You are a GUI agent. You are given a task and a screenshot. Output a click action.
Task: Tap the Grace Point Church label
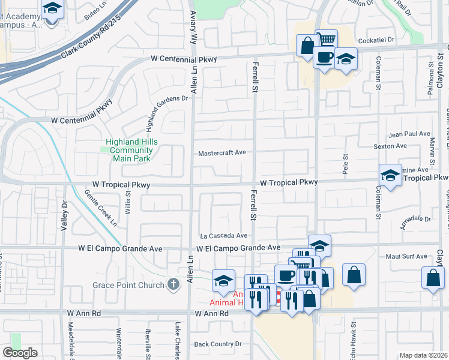[128, 284]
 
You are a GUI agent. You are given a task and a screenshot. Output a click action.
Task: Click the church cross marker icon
[173, 284]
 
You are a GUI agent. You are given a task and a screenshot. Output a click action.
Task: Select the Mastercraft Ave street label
[223, 152]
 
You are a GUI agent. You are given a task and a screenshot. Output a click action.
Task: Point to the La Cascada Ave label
[224, 236]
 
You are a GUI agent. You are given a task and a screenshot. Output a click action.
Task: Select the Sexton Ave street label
[390, 146]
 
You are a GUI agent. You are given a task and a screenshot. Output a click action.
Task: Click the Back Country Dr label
[218, 344]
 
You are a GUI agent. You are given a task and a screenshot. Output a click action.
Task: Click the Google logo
[20, 353]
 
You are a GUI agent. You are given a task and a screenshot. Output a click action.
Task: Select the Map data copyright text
[424, 355]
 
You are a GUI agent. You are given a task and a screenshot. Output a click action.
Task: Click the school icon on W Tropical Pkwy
[390, 176]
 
